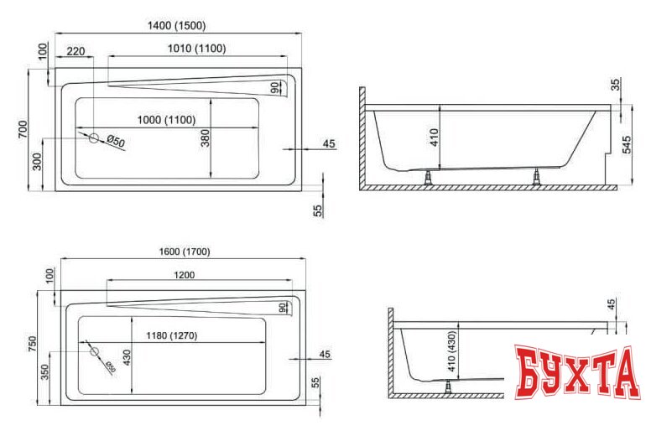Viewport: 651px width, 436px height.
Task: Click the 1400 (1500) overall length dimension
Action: click(x=176, y=26)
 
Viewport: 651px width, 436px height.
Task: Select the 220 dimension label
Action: click(x=76, y=51)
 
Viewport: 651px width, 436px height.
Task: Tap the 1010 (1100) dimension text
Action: click(x=195, y=49)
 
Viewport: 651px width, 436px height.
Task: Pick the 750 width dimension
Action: click(x=33, y=346)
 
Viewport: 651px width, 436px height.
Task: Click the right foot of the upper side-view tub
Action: click(x=537, y=178)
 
